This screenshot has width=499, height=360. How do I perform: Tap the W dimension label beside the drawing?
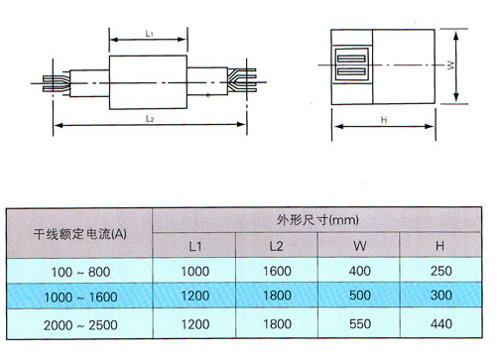coord(449,66)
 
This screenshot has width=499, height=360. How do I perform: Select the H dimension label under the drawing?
coord(383,119)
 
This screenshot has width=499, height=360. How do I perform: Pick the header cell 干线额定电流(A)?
coord(80,233)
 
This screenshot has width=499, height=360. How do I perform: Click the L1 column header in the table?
coord(195,245)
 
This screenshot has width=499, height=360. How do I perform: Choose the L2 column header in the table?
coord(278,245)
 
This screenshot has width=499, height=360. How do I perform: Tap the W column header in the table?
coord(359,245)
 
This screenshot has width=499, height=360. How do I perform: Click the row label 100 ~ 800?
coord(80,271)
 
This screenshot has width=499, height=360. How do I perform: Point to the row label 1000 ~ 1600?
coord(80,296)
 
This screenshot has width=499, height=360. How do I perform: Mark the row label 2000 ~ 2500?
coord(80,322)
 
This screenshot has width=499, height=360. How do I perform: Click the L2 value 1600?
coord(278,271)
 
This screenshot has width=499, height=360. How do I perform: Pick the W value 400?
coord(359,271)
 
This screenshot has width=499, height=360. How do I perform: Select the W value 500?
coord(359,296)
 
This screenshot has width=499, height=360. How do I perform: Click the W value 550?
coord(359,322)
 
